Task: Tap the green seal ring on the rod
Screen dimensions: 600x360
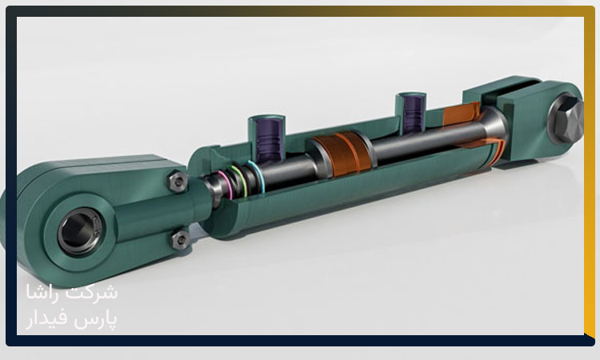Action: tap(240, 180)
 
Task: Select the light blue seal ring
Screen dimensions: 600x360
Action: tap(257, 175)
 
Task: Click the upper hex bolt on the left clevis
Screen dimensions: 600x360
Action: tap(178, 182)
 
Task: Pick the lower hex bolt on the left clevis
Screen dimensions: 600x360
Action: tap(180, 240)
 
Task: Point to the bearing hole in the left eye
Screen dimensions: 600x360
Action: tap(80, 231)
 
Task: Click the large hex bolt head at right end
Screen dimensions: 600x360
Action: tap(566, 119)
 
